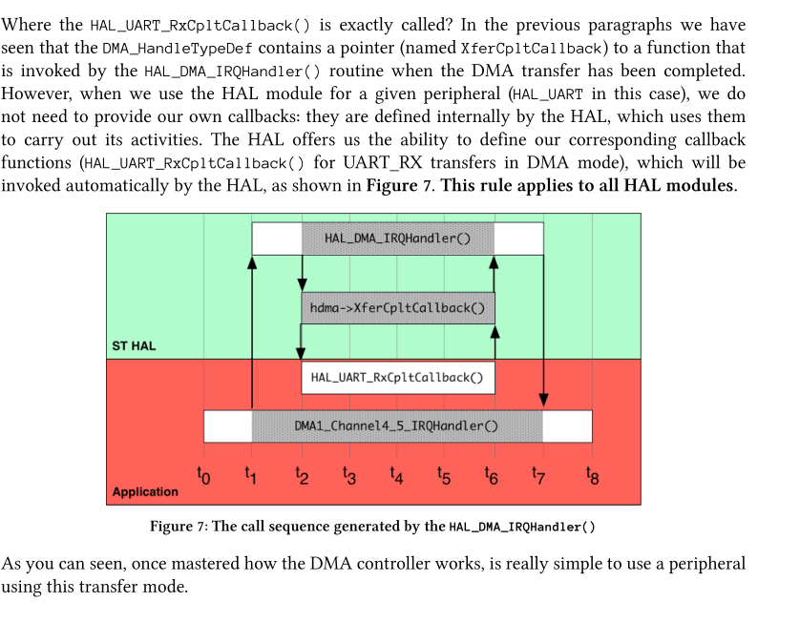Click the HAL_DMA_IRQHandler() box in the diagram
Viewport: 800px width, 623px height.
[397, 239]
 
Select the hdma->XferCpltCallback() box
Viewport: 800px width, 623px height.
[397, 308]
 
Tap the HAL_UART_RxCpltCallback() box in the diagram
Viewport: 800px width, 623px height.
[397, 378]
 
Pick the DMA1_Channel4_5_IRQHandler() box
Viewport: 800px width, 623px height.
[397, 426]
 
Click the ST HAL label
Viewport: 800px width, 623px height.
[134, 345]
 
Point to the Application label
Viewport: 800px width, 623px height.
[145, 492]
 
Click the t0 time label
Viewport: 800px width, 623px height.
[202, 473]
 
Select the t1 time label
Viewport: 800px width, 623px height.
[251, 473]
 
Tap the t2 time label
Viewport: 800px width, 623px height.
[302, 473]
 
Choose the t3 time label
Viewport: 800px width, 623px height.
[348, 473]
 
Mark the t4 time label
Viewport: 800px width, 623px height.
[397, 473]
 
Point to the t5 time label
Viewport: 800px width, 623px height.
[444, 473]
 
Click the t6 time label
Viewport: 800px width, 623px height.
[494, 473]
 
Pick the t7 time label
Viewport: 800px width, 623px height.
[539, 473]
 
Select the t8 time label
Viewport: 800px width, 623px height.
[592, 473]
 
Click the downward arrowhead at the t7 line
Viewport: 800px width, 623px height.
[543, 400]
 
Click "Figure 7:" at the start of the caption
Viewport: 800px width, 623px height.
[178, 527]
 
